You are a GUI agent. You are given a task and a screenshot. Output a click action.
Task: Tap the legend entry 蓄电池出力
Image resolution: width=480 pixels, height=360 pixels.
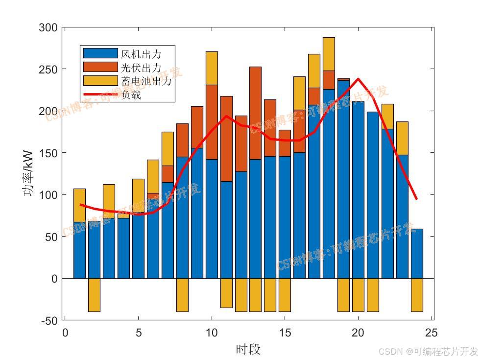click(146, 81)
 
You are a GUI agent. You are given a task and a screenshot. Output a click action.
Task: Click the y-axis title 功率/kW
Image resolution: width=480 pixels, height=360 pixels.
click(29, 173)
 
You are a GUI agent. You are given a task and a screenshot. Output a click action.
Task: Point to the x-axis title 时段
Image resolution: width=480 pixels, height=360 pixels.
click(248, 349)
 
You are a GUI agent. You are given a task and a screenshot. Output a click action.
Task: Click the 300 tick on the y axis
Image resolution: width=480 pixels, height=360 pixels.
click(48, 28)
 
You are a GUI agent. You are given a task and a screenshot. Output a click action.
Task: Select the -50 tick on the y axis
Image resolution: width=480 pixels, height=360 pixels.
click(48, 320)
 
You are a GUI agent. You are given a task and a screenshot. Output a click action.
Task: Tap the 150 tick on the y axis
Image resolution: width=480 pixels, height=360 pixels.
click(48, 153)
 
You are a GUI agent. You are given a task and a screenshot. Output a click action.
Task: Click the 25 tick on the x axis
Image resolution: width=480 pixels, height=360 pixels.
click(431, 333)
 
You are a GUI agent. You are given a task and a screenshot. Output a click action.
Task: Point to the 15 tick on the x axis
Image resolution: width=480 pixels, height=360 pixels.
click(285, 333)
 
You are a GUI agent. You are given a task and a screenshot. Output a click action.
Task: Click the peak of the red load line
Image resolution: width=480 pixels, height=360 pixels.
click(358, 79)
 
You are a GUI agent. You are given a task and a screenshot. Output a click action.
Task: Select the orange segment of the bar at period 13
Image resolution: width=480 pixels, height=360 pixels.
click(255, 113)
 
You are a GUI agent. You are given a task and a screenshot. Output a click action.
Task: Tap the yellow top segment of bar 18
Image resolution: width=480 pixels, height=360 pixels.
click(329, 54)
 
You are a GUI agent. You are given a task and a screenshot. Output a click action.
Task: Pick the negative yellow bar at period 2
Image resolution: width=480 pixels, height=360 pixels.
click(94, 295)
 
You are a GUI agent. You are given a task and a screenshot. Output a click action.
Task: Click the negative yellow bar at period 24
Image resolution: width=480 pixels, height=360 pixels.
click(417, 295)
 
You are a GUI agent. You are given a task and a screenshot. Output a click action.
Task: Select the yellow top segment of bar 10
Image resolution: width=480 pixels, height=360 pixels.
click(212, 68)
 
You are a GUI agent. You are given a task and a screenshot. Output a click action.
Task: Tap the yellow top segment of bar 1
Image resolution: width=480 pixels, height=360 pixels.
click(79, 205)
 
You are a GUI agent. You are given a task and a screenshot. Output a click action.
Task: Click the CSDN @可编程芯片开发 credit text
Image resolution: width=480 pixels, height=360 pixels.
click(428, 351)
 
